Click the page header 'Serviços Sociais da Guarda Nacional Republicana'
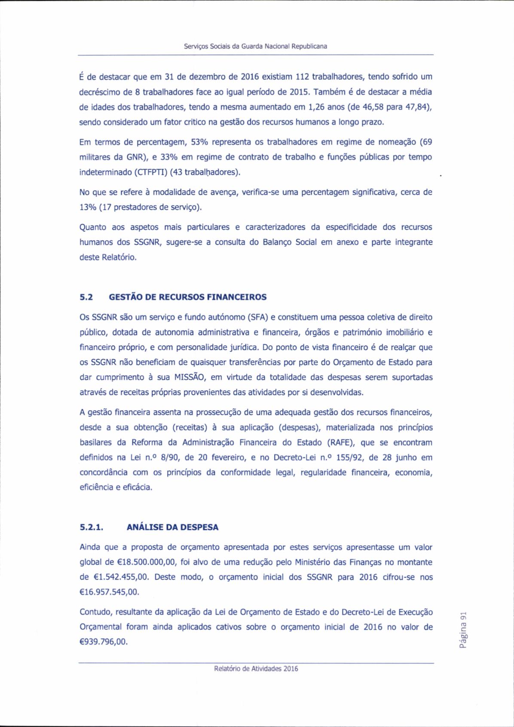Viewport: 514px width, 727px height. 255,46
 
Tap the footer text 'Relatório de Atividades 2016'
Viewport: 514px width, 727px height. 256,669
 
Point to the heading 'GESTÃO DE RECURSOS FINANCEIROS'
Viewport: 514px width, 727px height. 188,297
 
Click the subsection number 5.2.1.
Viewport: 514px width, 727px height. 92,527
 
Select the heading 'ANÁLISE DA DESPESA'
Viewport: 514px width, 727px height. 172,527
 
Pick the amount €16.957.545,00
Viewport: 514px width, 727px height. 110,592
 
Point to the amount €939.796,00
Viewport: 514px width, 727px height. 104,642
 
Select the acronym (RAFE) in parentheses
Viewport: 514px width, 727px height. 341,443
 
